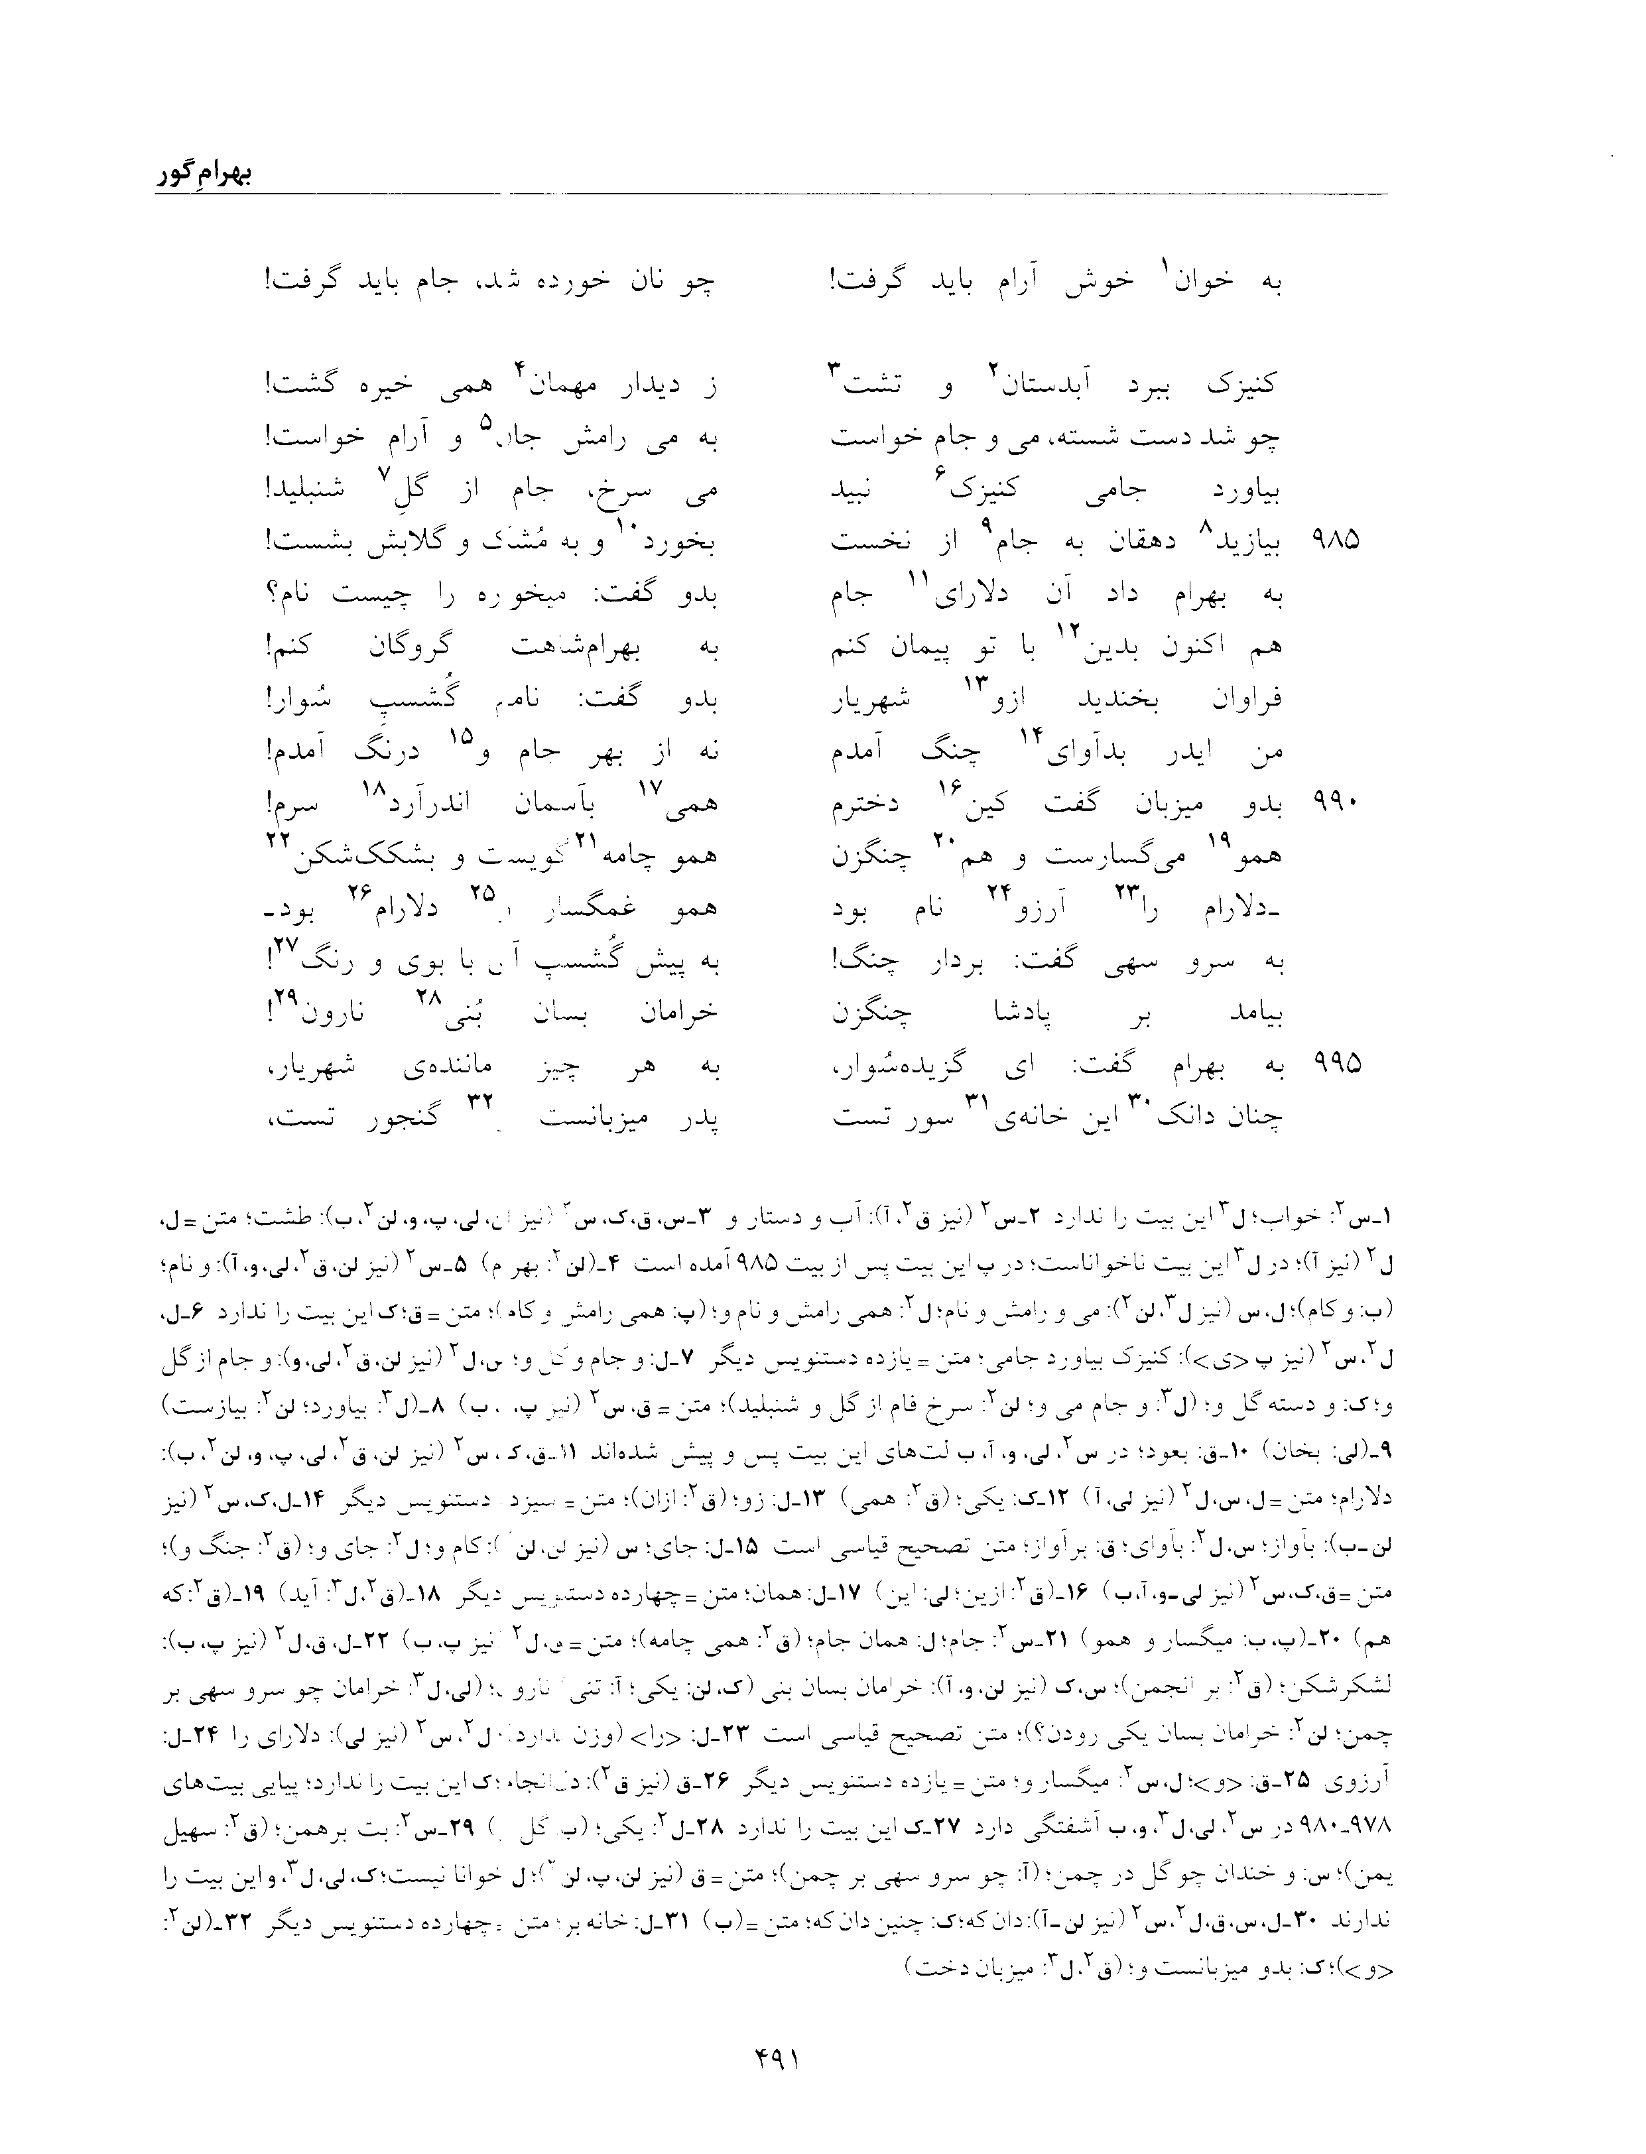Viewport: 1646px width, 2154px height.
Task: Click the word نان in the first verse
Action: pos(651,281)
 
